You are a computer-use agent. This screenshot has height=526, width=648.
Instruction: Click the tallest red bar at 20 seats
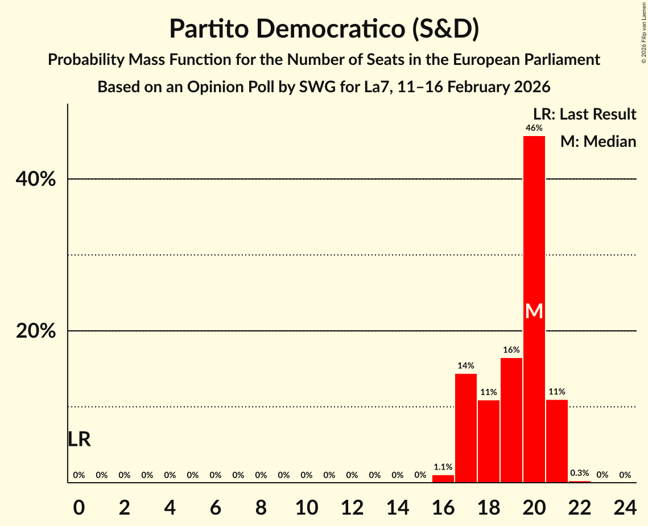tap(534, 228)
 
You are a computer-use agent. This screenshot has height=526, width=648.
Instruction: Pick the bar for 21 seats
tap(556, 441)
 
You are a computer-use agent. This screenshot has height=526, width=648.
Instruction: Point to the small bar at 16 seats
tap(443, 479)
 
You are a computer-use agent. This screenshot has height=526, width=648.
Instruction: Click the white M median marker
tap(534, 311)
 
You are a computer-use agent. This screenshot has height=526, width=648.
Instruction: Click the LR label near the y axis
tap(79, 439)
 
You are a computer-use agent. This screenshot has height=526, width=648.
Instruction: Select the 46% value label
tap(534, 128)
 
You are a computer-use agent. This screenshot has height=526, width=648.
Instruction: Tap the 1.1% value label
tap(443, 467)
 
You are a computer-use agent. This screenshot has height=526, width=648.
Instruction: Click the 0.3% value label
tap(579, 473)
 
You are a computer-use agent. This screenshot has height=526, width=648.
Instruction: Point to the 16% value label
tap(511, 350)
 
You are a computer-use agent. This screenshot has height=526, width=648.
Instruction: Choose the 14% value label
tap(465, 365)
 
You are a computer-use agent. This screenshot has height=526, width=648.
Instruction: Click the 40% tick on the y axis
tap(35, 179)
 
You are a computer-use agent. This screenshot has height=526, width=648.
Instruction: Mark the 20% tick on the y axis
tap(35, 331)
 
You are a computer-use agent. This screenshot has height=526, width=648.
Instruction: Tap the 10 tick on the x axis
tap(306, 506)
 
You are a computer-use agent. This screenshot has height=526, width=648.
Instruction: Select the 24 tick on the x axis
tap(625, 506)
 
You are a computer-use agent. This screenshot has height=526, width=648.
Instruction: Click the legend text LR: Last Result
tap(584, 114)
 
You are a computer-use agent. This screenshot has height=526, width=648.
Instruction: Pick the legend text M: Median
tap(598, 141)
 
